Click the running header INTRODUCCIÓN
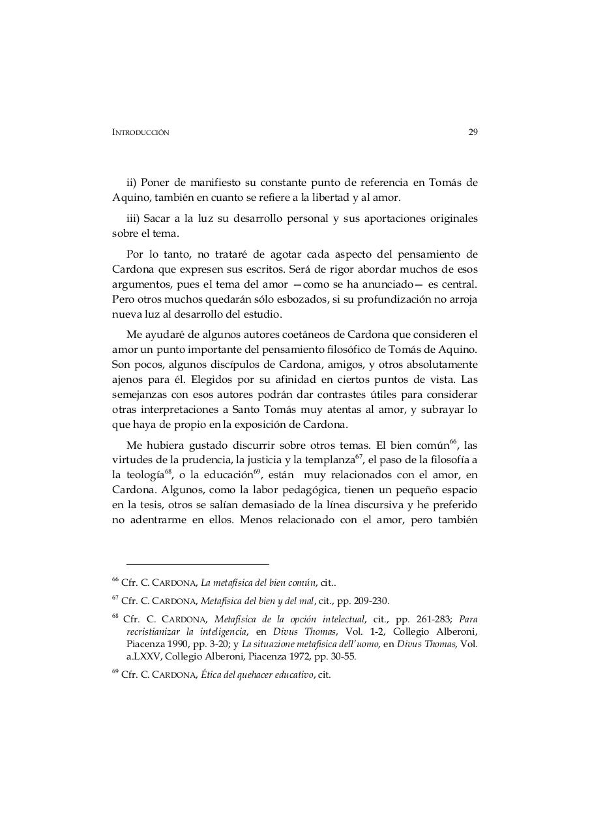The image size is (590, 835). point(141,132)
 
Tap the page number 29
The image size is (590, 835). point(473,132)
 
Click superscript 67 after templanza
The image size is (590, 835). point(359,456)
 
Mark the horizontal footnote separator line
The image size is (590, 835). point(198,564)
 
